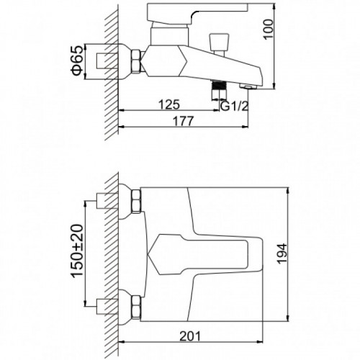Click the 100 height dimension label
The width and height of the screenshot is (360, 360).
point(269,29)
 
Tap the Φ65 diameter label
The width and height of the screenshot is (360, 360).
point(77,60)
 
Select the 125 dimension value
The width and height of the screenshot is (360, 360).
point(169,104)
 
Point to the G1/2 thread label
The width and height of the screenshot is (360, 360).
point(234,106)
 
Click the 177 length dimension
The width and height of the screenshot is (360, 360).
point(183,121)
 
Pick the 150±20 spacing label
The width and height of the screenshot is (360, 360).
point(77,251)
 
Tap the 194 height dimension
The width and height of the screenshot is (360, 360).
point(282,253)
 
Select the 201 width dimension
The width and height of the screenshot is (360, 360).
point(190,336)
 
